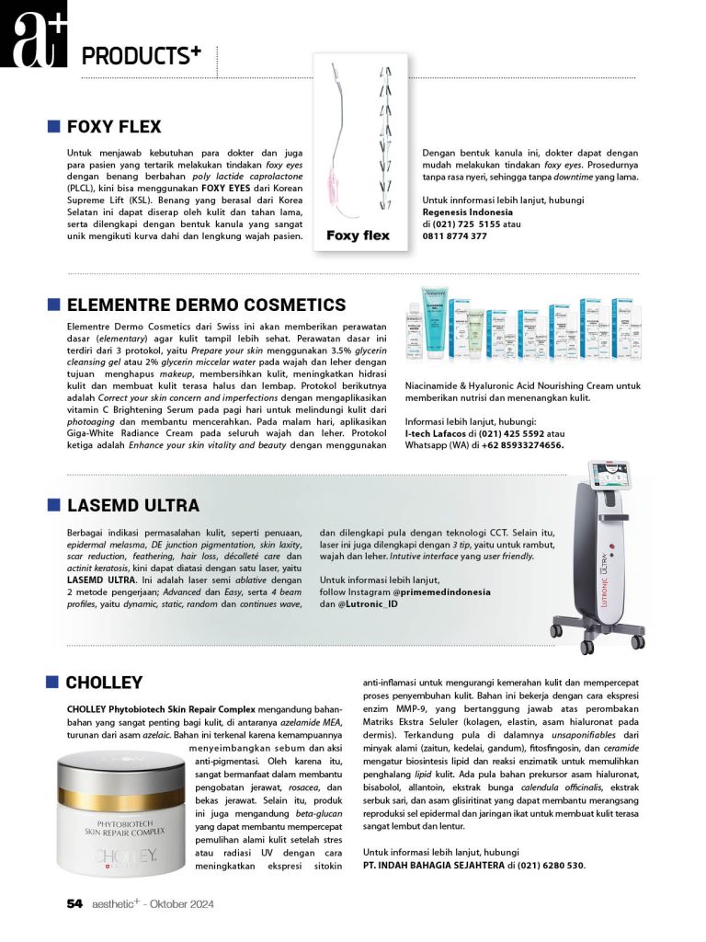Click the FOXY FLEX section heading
[x=114, y=127]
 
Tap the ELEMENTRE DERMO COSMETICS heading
[x=206, y=305]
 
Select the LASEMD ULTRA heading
[x=132, y=505]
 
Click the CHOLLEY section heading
[x=104, y=683]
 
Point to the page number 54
[x=74, y=904]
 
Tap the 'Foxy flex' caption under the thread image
[x=358, y=235]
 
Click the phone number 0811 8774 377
[x=455, y=236]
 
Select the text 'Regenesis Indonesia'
[x=468, y=213]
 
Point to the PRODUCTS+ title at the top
[x=141, y=56]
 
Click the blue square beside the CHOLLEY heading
[x=53, y=682]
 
